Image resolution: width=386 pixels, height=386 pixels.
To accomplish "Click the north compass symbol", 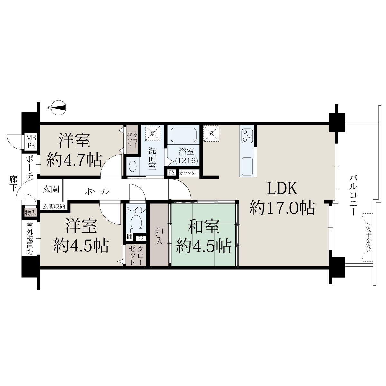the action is pos(59,108).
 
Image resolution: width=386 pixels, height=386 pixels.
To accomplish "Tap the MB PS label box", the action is pos(31,142).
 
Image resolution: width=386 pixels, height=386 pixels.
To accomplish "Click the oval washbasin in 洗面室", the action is pos(133,167).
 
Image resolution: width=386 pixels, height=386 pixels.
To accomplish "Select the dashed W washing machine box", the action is pos(152,133).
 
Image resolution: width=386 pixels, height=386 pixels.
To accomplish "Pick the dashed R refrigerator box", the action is pos(211,133).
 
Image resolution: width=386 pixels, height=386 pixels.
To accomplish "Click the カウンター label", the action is pos(189,173).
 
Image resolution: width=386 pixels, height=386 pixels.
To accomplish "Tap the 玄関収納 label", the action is pos(54,207).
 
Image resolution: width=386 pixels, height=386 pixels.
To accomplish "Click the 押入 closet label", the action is pos(159,236).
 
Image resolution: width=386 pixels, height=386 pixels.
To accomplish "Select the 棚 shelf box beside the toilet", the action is pos(129,237).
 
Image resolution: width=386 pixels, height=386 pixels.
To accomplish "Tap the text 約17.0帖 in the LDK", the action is pos(282,207).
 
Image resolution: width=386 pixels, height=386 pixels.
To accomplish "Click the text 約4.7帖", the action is pos(74,160).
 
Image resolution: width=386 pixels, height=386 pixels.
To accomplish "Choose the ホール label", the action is pos(97,191).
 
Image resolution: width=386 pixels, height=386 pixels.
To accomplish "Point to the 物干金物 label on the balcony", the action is pos(369,238).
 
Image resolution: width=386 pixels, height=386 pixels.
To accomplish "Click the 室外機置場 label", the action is pos(30,238).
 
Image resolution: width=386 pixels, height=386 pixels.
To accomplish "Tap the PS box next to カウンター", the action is pos(171,172).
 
